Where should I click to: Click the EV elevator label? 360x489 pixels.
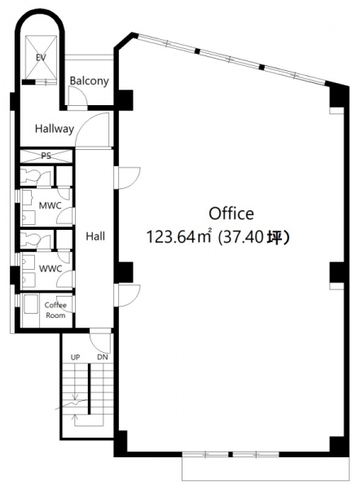(x=41, y=57)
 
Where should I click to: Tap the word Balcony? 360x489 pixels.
(x=89, y=81)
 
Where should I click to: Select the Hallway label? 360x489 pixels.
(x=55, y=129)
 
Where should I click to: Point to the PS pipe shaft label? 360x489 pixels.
(x=46, y=156)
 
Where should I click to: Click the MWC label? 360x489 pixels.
(x=50, y=205)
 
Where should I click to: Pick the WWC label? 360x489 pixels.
(x=50, y=268)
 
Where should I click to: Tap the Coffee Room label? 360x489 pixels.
(x=55, y=310)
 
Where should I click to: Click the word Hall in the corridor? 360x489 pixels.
(x=95, y=236)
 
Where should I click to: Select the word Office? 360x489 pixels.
(x=231, y=214)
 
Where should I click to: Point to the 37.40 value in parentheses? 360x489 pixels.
(x=244, y=238)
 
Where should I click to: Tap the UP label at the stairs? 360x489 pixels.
(x=75, y=358)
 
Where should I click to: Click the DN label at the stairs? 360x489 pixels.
(x=103, y=357)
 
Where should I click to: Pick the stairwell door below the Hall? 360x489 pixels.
(x=100, y=341)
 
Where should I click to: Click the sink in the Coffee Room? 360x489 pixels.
(x=31, y=304)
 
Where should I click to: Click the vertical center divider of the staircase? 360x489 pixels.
(x=89, y=389)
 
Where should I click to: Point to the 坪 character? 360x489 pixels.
(x=275, y=238)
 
